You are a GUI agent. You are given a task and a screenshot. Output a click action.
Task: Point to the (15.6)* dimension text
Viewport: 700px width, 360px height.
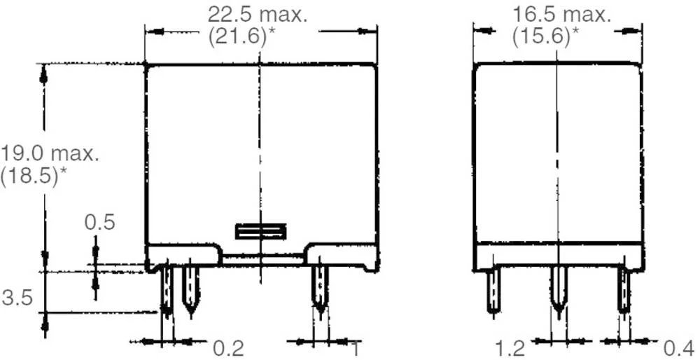[545, 37]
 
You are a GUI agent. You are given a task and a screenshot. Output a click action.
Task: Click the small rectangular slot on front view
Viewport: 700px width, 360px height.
[260, 231]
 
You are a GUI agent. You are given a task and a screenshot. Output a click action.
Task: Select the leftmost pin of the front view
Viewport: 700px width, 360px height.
[167, 291]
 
